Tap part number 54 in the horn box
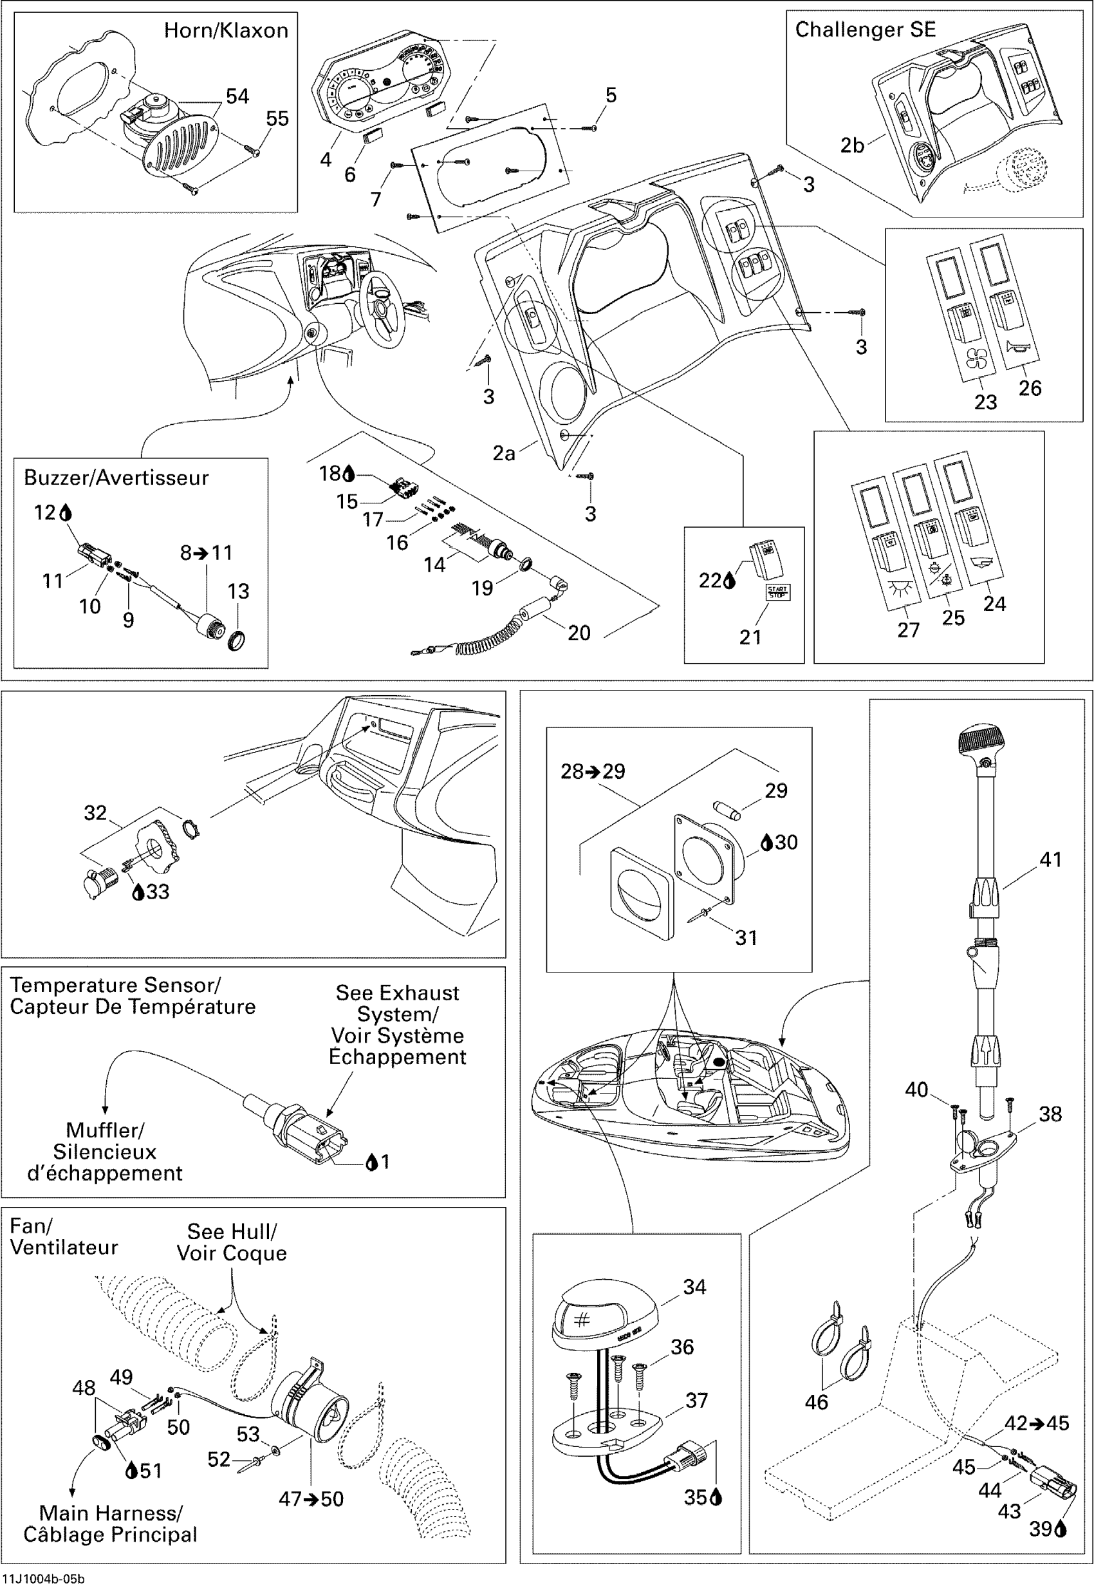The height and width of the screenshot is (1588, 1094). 237,96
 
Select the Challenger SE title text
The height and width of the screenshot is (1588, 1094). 865,30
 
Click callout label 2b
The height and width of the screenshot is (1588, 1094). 852,145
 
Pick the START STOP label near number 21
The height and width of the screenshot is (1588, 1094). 777,592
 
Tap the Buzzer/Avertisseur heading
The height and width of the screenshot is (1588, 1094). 116,478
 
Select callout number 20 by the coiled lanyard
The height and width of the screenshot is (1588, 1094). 579,633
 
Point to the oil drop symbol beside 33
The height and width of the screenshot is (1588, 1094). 138,892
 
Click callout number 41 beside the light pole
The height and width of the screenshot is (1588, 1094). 1050,860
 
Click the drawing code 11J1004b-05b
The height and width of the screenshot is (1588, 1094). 43,1579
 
